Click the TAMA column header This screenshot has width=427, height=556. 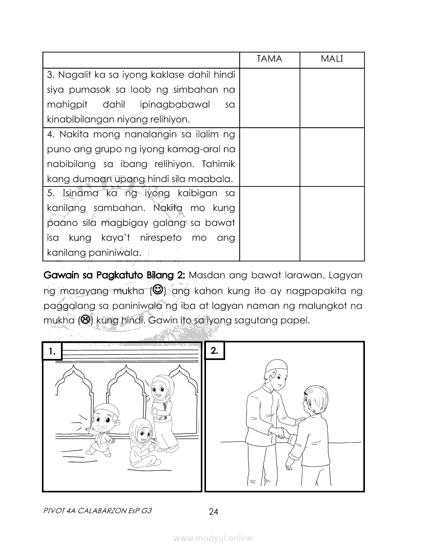click(x=269, y=59)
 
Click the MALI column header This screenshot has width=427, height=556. click(x=332, y=59)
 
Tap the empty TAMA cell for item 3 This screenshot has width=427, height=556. click(x=269, y=97)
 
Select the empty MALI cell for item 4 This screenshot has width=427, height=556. click(x=332, y=157)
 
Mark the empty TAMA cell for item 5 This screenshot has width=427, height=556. click(x=269, y=223)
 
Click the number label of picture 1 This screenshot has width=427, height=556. click(x=52, y=351)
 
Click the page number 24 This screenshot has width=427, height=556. click(x=213, y=512)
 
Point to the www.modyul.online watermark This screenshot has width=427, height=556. click(x=213, y=538)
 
